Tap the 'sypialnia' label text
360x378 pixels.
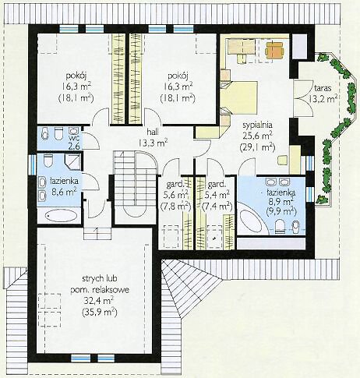pyautogui.click(x=257, y=125)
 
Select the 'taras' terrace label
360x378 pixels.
pyautogui.click(x=323, y=88)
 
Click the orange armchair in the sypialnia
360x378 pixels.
pyautogui.click(x=274, y=49)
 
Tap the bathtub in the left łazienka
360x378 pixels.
pyautogui.click(x=62, y=215)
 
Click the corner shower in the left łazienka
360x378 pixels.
pyautogui.click(x=72, y=162)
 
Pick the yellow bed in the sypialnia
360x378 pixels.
pyautogui.click(x=239, y=97)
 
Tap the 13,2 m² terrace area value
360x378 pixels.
pyautogui.click(x=323, y=98)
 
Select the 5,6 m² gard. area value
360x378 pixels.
pyautogui.click(x=178, y=194)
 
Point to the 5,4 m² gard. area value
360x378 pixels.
pyautogui.click(x=217, y=194)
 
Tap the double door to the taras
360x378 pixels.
pyautogui.click(x=303, y=98)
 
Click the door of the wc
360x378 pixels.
pyautogui.click(x=91, y=140)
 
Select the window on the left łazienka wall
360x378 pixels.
pyautogui.click(x=33, y=164)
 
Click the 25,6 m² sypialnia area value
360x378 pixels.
pyautogui.click(x=257, y=136)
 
